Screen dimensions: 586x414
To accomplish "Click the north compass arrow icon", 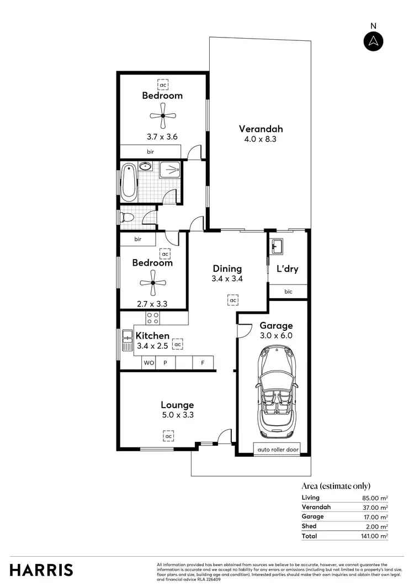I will [x=374, y=41].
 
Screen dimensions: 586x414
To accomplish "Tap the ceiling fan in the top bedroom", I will [x=163, y=115].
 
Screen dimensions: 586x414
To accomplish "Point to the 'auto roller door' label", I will [x=278, y=450].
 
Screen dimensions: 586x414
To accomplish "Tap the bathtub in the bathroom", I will [x=129, y=182].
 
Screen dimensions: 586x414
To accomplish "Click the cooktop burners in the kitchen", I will [x=153, y=318].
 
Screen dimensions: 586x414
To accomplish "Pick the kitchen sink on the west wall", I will [x=124, y=341].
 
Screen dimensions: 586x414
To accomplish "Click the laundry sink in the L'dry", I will [x=276, y=246].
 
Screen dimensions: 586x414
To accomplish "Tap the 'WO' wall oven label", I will [x=148, y=363].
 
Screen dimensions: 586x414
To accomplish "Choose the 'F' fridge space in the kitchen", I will [x=203, y=363].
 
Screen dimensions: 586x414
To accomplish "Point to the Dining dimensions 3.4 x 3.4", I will [x=227, y=279].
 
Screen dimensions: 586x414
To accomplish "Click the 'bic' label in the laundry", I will [x=288, y=292].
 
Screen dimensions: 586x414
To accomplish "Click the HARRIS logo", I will [x=41, y=569].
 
